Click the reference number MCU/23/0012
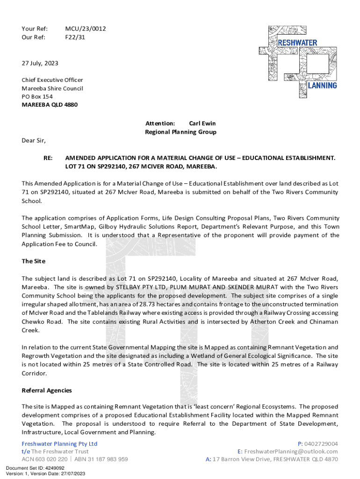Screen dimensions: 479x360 (85, 29)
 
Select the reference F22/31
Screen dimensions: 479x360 (75, 37)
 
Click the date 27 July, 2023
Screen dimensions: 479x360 (40, 63)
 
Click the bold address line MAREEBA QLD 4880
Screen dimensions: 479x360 (50, 105)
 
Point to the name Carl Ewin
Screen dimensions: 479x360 (202, 123)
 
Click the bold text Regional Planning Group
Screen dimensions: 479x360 (180, 132)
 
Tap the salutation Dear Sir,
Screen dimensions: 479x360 (34, 140)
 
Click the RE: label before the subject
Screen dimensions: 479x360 (48, 159)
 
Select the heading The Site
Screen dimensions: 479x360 (34, 261)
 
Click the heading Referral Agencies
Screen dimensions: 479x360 (47, 390)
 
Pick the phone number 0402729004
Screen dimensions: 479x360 (321, 443)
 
